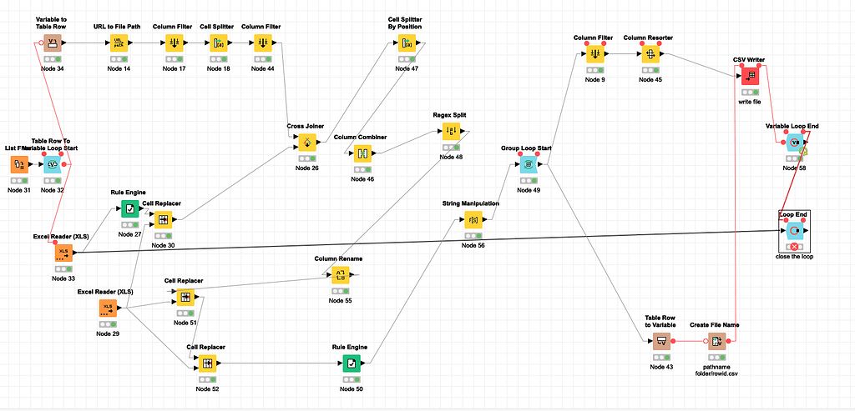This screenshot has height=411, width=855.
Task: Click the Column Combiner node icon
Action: [362, 153]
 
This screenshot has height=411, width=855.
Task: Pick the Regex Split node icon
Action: [451, 131]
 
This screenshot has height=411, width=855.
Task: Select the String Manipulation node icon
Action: [473, 220]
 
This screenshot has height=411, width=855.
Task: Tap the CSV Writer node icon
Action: [750, 75]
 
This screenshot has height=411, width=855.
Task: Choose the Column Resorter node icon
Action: [648, 54]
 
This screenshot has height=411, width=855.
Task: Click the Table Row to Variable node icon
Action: [660, 340]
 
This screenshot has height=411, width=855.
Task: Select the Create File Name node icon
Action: [715, 340]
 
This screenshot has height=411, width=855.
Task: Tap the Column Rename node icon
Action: [340, 275]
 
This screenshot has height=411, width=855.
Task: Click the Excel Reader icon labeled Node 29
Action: [108, 308]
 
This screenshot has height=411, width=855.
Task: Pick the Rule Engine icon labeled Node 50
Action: [352, 363]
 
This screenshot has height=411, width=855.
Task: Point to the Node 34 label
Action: [52, 68]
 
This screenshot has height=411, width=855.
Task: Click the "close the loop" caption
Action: [794, 257]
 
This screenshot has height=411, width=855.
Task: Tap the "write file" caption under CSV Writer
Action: [750, 102]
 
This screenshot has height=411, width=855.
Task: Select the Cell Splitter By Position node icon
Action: [406, 43]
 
